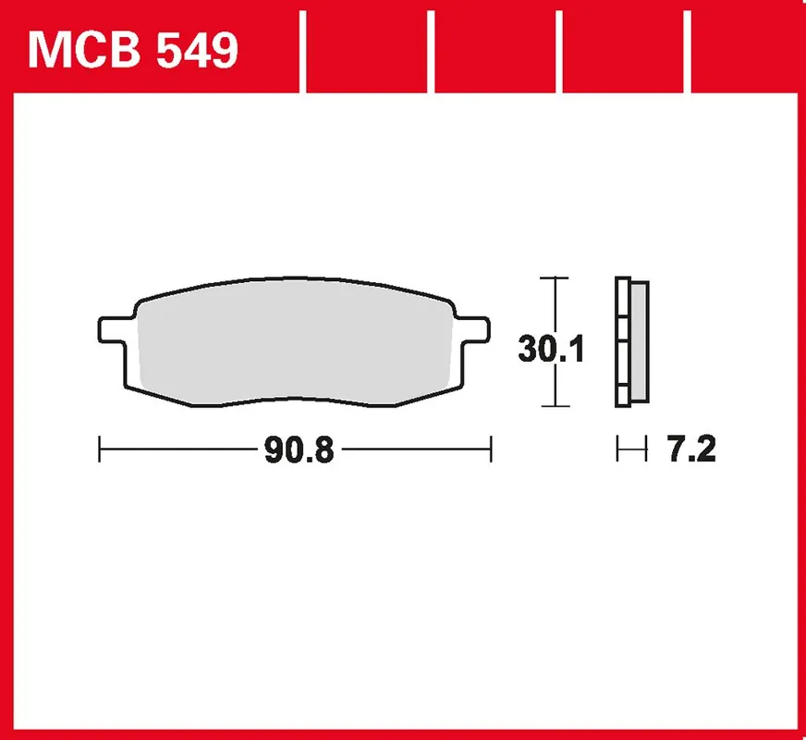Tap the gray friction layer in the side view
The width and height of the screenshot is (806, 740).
pyautogui.click(x=639, y=342)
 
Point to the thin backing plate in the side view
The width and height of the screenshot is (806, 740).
pyautogui.click(x=621, y=342)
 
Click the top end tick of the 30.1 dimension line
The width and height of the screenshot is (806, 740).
pyautogui.click(x=553, y=277)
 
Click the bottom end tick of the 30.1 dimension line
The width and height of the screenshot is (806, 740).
pyautogui.click(x=553, y=407)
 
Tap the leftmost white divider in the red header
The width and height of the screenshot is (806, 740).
pyautogui.click(x=302, y=52)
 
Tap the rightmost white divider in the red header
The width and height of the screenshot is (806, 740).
pyautogui.click(x=690, y=52)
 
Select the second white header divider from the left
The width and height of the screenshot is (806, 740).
pyautogui.click(x=432, y=52)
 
